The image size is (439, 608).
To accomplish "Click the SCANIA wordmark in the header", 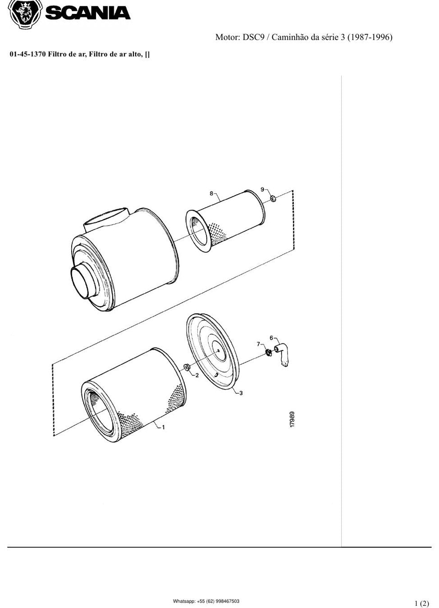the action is click(x=88, y=13).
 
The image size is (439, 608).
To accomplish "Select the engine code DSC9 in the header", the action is click(x=253, y=37).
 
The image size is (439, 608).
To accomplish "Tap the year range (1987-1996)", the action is click(x=370, y=37).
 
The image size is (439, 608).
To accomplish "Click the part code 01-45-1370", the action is click(x=28, y=54).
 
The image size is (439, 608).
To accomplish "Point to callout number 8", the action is click(x=211, y=194).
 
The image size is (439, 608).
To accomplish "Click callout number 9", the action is click(x=262, y=189).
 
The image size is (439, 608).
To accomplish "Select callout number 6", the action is click(x=271, y=338).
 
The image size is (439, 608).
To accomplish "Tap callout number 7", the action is click(x=259, y=344).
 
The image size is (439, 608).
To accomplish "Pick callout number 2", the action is click(x=197, y=376).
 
